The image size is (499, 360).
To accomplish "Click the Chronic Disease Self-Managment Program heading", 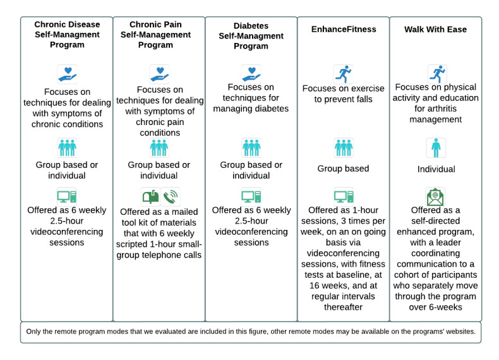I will point(66,35).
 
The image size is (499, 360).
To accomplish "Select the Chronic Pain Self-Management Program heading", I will point(159,35).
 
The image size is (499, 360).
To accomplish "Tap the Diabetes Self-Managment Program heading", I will point(251,36).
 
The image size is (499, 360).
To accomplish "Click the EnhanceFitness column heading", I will point(344,28).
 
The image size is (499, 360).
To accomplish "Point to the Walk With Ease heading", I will point(436,28).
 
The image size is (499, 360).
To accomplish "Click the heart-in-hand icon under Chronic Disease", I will point(67,74).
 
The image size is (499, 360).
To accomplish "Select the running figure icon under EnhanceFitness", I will point(344,74).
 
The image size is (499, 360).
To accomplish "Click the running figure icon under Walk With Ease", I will point(436,74).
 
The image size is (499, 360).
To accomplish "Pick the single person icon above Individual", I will point(436,148).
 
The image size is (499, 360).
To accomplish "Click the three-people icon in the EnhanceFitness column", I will point(344,148).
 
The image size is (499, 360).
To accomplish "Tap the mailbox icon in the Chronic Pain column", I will point(150,196).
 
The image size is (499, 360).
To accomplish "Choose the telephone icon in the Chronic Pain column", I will point(170,196).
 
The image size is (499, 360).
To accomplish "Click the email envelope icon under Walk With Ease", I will point(436,196).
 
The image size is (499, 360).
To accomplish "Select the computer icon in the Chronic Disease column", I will point(67,196).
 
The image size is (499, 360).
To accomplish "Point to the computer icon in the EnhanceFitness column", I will point(344,196).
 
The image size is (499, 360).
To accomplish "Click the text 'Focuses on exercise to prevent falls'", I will point(344,93).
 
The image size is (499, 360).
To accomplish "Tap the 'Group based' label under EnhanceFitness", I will point(344,169).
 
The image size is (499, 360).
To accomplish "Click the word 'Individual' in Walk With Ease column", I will point(436,169).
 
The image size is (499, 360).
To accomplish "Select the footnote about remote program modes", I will point(251,332).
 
